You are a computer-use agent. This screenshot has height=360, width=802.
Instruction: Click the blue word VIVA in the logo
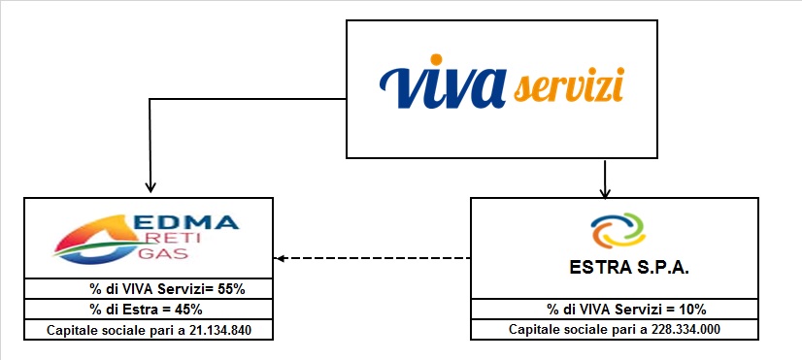[442, 87]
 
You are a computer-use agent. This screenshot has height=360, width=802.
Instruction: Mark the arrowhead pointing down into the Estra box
[605, 191]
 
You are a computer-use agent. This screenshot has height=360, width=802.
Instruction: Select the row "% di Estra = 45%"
[146, 309]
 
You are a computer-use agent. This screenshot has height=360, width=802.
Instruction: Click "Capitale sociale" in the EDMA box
[93, 330]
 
